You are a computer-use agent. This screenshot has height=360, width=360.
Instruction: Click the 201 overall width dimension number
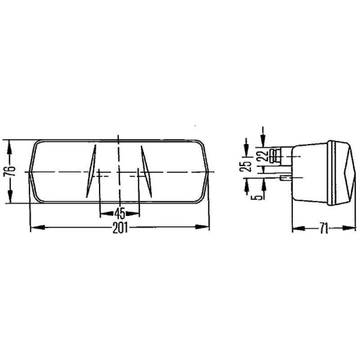pyautogui.click(x=119, y=228)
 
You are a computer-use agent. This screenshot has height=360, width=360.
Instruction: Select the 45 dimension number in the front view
pyautogui.click(x=119, y=213)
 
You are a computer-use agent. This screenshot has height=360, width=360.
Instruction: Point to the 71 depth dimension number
pyautogui.click(x=323, y=228)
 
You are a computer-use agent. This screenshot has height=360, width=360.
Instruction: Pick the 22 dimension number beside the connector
pyautogui.click(x=264, y=156)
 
